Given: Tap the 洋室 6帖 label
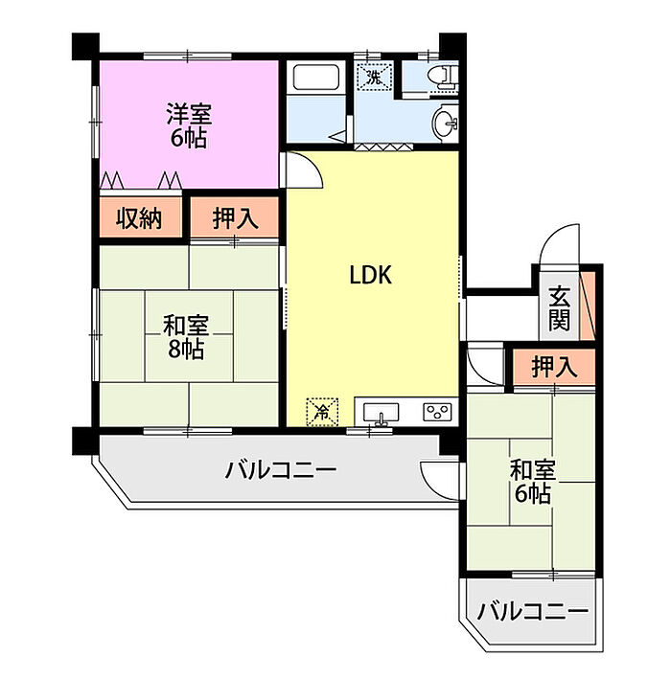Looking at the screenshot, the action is pos(188,124).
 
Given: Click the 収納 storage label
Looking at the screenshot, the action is pos(140,218).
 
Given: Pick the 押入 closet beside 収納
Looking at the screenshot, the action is pos(235,218).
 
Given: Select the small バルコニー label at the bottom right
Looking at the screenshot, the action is pos(532,610).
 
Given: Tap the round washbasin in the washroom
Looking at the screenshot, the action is pos(447,123).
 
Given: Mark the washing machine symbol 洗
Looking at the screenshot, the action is pos(373,76).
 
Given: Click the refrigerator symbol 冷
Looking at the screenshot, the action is pos(323,412).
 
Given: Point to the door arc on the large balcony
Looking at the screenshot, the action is pos(435,477).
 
